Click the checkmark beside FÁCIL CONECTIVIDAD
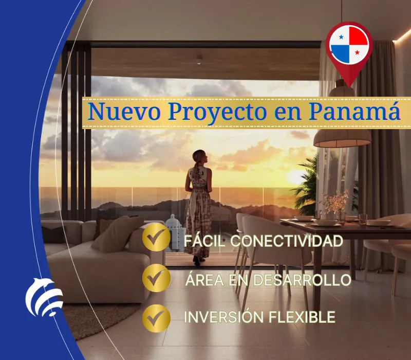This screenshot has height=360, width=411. click(x=156, y=237)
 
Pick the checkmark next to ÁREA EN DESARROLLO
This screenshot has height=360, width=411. click(x=156, y=278)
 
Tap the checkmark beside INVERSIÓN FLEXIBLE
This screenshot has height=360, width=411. click(x=156, y=318)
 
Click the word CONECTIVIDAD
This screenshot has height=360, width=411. click(x=287, y=241)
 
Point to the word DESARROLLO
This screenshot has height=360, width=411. click(x=302, y=280)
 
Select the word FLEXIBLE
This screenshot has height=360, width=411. click(x=302, y=317)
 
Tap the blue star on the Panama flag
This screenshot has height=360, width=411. click(x=341, y=37)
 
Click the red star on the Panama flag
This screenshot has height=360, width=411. click(x=357, y=52)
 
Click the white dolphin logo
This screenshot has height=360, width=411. click(x=44, y=297)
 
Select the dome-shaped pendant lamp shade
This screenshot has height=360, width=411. click(x=342, y=138)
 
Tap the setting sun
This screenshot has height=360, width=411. click(x=295, y=177)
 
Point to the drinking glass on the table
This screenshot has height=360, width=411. click(x=363, y=220)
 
